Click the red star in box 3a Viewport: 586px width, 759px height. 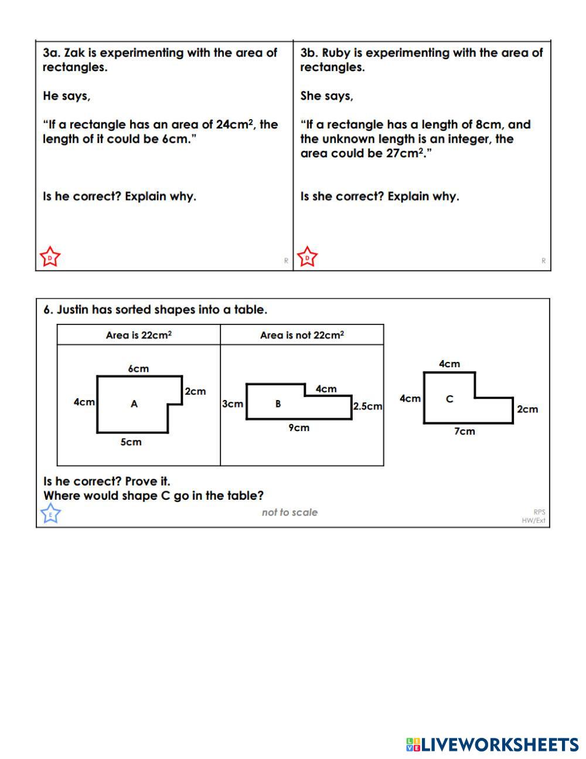tap(50, 257)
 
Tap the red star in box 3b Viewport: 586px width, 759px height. tap(307, 257)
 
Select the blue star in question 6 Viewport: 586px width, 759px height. tap(50, 514)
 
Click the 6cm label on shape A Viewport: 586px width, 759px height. tap(138, 368)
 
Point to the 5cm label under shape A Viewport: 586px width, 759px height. tap(131, 442)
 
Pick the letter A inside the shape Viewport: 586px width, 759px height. tap(134, 404)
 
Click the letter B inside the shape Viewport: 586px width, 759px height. tap(278, 404)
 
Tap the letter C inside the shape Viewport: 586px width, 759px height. tap(449, 399)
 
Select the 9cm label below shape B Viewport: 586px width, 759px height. tap(299, 428)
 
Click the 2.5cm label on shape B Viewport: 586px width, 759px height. tap(367, 406)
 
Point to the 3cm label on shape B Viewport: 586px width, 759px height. tap(233, 404)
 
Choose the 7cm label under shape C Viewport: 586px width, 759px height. tap(465, 431)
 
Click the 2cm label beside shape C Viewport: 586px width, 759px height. tap(527, 409)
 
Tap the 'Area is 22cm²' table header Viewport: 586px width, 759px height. tap(138, 335)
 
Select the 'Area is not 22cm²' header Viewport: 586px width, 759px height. tap(302, 335)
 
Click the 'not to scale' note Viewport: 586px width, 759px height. tap(289, 512)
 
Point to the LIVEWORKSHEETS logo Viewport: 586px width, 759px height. tap(492, 744)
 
